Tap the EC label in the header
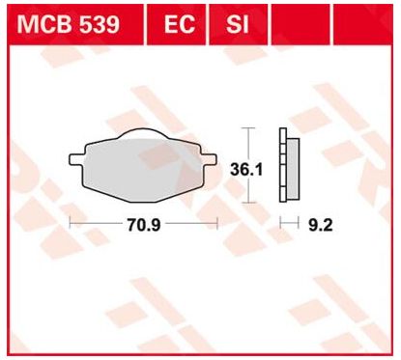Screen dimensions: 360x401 (x=173, y=23)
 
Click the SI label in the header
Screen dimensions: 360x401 (x=233, y=23)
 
